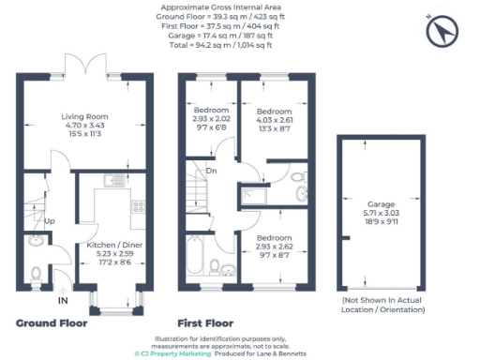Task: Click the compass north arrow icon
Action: [440, 33]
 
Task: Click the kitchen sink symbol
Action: [110, 180]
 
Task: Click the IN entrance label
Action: [63, 300]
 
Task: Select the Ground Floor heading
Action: [52, 322]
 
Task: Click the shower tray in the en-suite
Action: [255, 195]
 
